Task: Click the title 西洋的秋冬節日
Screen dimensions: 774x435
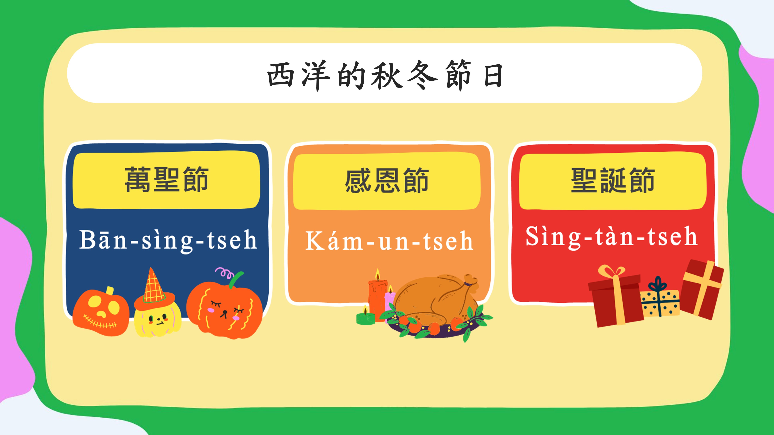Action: (385, 75)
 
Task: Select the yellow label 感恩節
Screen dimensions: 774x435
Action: (387, 181)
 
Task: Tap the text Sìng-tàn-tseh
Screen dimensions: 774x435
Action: (611, 237)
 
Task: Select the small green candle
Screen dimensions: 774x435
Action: (365, 316)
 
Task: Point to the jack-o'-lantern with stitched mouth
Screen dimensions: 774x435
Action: (101, 312)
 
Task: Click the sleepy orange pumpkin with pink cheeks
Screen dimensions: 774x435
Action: (224, 309)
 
